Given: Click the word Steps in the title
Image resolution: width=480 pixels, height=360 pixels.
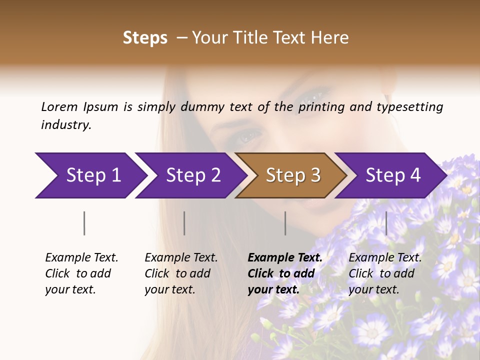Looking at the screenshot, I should click(145, 38).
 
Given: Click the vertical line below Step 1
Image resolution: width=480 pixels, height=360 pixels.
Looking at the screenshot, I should click(84, 223).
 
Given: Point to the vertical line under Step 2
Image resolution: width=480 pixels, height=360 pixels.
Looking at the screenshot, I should click(184, 223).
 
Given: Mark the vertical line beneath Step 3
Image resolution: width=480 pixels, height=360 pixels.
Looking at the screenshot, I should click(285, 223).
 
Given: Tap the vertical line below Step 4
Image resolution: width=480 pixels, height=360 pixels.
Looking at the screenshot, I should click(386, 223).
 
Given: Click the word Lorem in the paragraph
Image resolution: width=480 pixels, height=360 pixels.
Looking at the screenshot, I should click(59, 106).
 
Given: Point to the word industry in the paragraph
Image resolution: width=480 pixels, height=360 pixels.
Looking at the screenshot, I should click(66, 124).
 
